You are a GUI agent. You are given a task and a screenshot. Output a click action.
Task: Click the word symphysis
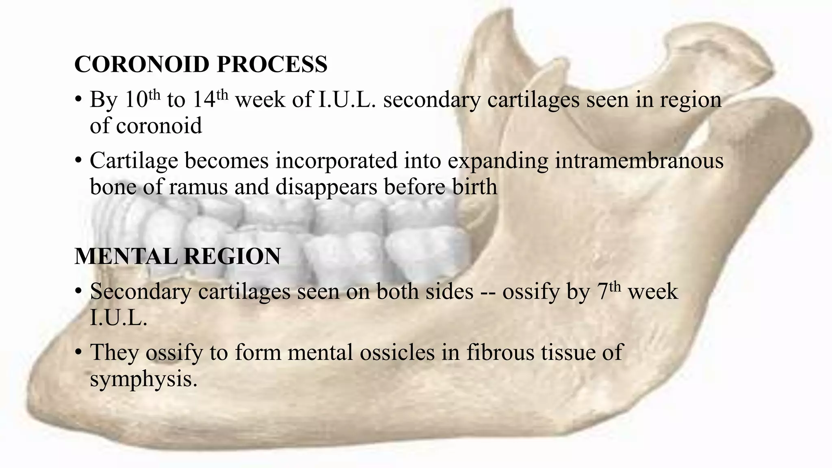point(143,379)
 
